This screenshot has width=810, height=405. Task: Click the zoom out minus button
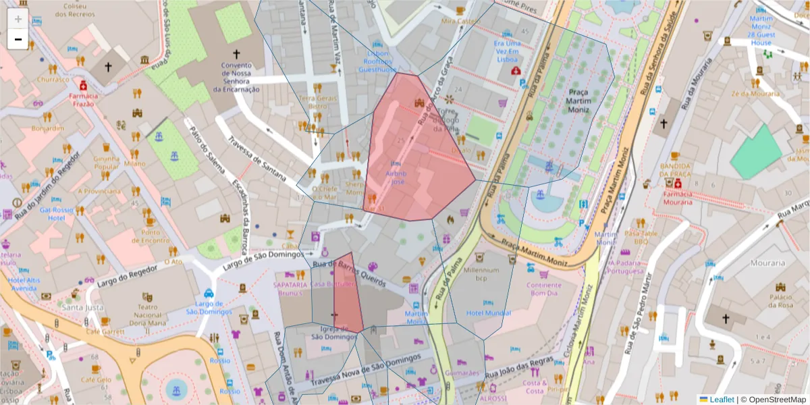pos(18,39)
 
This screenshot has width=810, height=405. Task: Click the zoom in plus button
pos(18,19)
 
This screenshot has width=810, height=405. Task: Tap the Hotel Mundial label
pos(489,313)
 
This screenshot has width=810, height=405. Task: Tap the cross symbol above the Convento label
pos(236,53)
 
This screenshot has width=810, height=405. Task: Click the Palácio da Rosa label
pos(780,300)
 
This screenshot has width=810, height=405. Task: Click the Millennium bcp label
pos(486,273)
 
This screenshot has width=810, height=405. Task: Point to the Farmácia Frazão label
pos(83,100)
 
